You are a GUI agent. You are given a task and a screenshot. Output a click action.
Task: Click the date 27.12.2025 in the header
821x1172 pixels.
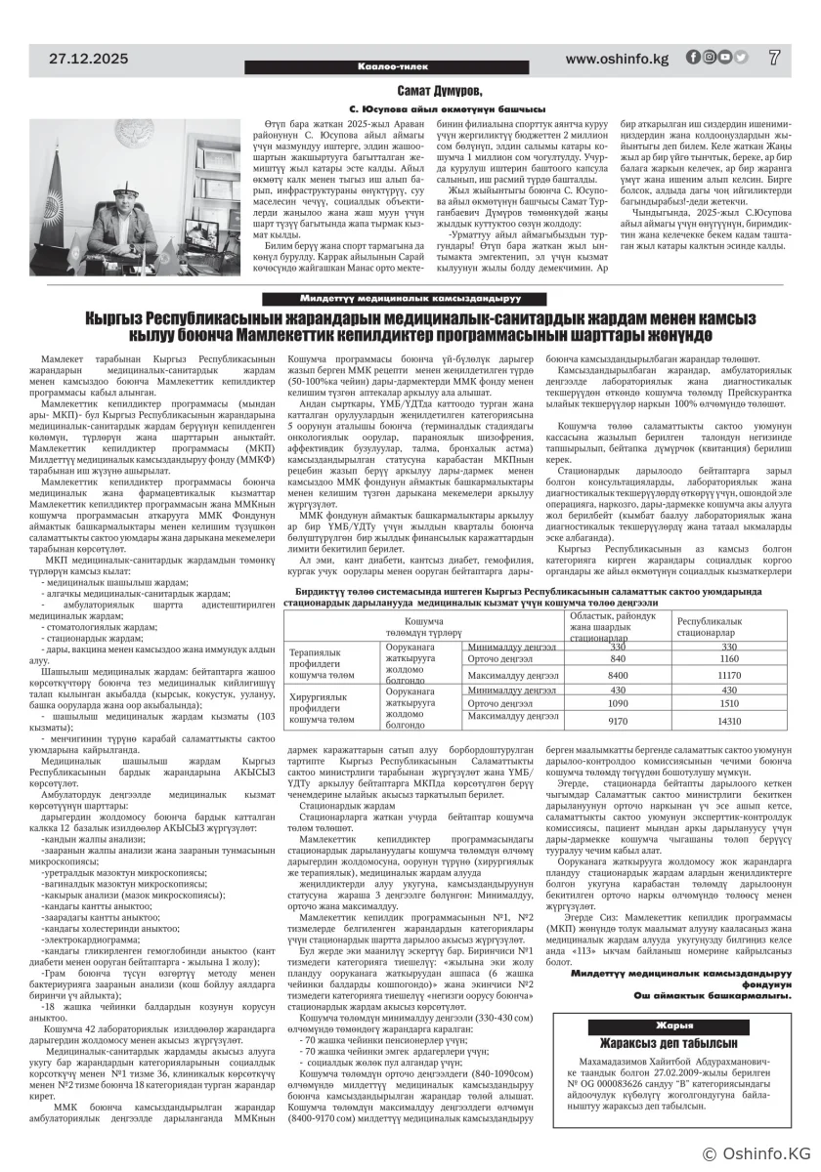pos(95,59)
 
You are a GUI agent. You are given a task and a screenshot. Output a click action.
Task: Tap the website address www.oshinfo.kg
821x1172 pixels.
pos(617,59)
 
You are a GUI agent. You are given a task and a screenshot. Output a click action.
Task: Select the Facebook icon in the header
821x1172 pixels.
pos(692,58)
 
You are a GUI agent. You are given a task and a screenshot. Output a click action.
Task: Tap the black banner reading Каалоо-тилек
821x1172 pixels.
pos(410,66)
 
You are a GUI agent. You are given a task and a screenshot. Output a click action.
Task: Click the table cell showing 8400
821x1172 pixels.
pos(618,675)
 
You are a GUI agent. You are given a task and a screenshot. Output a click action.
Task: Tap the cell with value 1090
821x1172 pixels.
pos(618,703)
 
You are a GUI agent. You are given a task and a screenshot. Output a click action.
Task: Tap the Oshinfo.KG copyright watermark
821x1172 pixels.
pos(756,1155)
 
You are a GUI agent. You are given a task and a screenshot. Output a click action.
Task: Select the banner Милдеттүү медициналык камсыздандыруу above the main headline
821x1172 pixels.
pos(410,297)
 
